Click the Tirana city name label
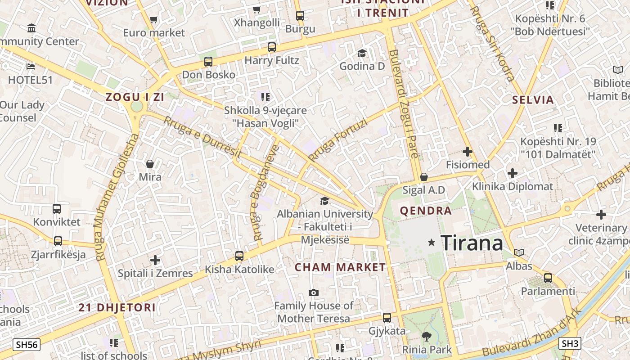point(472,243)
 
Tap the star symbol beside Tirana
point(432,243)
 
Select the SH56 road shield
point(27,345)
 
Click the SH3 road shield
point(570,343)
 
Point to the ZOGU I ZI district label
point(135,97)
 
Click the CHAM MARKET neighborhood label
point(340,267)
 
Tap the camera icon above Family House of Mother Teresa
point(314,293)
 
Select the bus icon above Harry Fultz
point(272,47)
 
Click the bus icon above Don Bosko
point(208,62)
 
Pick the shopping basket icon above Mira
point(150,164)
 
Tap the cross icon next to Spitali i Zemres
point(155,260)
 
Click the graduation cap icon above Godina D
point(362,54)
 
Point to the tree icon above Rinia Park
point(426,336)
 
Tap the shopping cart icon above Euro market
point(154,20)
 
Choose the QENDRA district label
point(426,211)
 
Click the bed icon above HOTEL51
point(31,67)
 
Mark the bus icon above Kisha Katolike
point(239,256)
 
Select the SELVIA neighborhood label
point(533,100)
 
